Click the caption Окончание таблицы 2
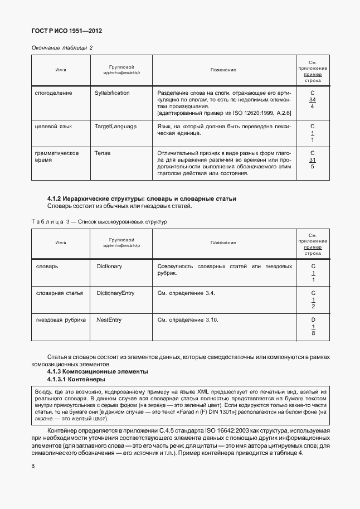pyautogui.click(x=61, y=47)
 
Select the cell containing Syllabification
pyautogui.click(x=112, y=93)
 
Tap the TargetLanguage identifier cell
pyautogui.click(x=115, y=127)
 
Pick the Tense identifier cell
pyautogui.click(x=103, y=153)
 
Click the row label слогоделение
pyautogui.click(x=53, y=93)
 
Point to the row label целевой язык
pyautogui.click(x=54, y=127)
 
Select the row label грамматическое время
pyautogui.click(x=56, y=156)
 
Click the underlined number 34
pyautogui.click(x=313, y=99)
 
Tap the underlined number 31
pyautogui.click(x=313, y=159)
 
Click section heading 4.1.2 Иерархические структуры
pyautogui.click(x=142, y=198)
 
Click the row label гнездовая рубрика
pyautogui.click(x=60, y=320)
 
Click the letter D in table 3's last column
pyautogui.click(x=313, y=320)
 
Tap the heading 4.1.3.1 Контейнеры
pyautogui.click(x=76, y=379)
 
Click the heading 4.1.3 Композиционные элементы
pyautogui.click(x=98, y=371)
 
